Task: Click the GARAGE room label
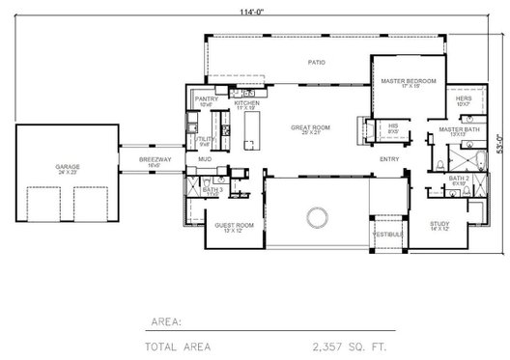(68, 166)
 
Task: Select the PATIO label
(316, 63)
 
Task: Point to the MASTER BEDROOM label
(408, 81)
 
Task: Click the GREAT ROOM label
(311, 126)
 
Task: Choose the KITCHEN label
(246, 102)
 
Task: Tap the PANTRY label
(207, 98)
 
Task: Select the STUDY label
(439, 224)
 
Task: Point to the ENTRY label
(389, 159)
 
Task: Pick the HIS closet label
(393, 125)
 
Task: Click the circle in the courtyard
(316, 215)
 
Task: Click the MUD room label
(205, 159)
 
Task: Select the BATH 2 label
(459, 179)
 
